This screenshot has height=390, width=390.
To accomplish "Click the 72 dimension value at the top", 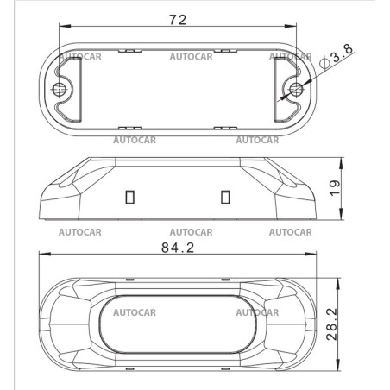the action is pos(178,20).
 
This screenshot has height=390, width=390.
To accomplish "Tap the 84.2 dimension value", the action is pos(178,248).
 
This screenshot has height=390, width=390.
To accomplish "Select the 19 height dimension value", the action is pos(335,188).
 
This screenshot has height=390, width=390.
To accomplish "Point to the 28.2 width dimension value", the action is pos(331,324).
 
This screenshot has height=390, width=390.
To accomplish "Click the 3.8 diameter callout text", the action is pos(342,53).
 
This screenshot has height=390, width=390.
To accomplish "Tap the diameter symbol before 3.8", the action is pos(324,63).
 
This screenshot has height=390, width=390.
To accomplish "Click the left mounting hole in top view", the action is pos(59,89).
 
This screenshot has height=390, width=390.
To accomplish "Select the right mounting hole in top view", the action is pos(296,89).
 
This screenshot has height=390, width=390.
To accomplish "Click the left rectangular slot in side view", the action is pos(130,197).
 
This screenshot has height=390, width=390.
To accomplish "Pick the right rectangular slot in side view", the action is pos(225,197).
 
